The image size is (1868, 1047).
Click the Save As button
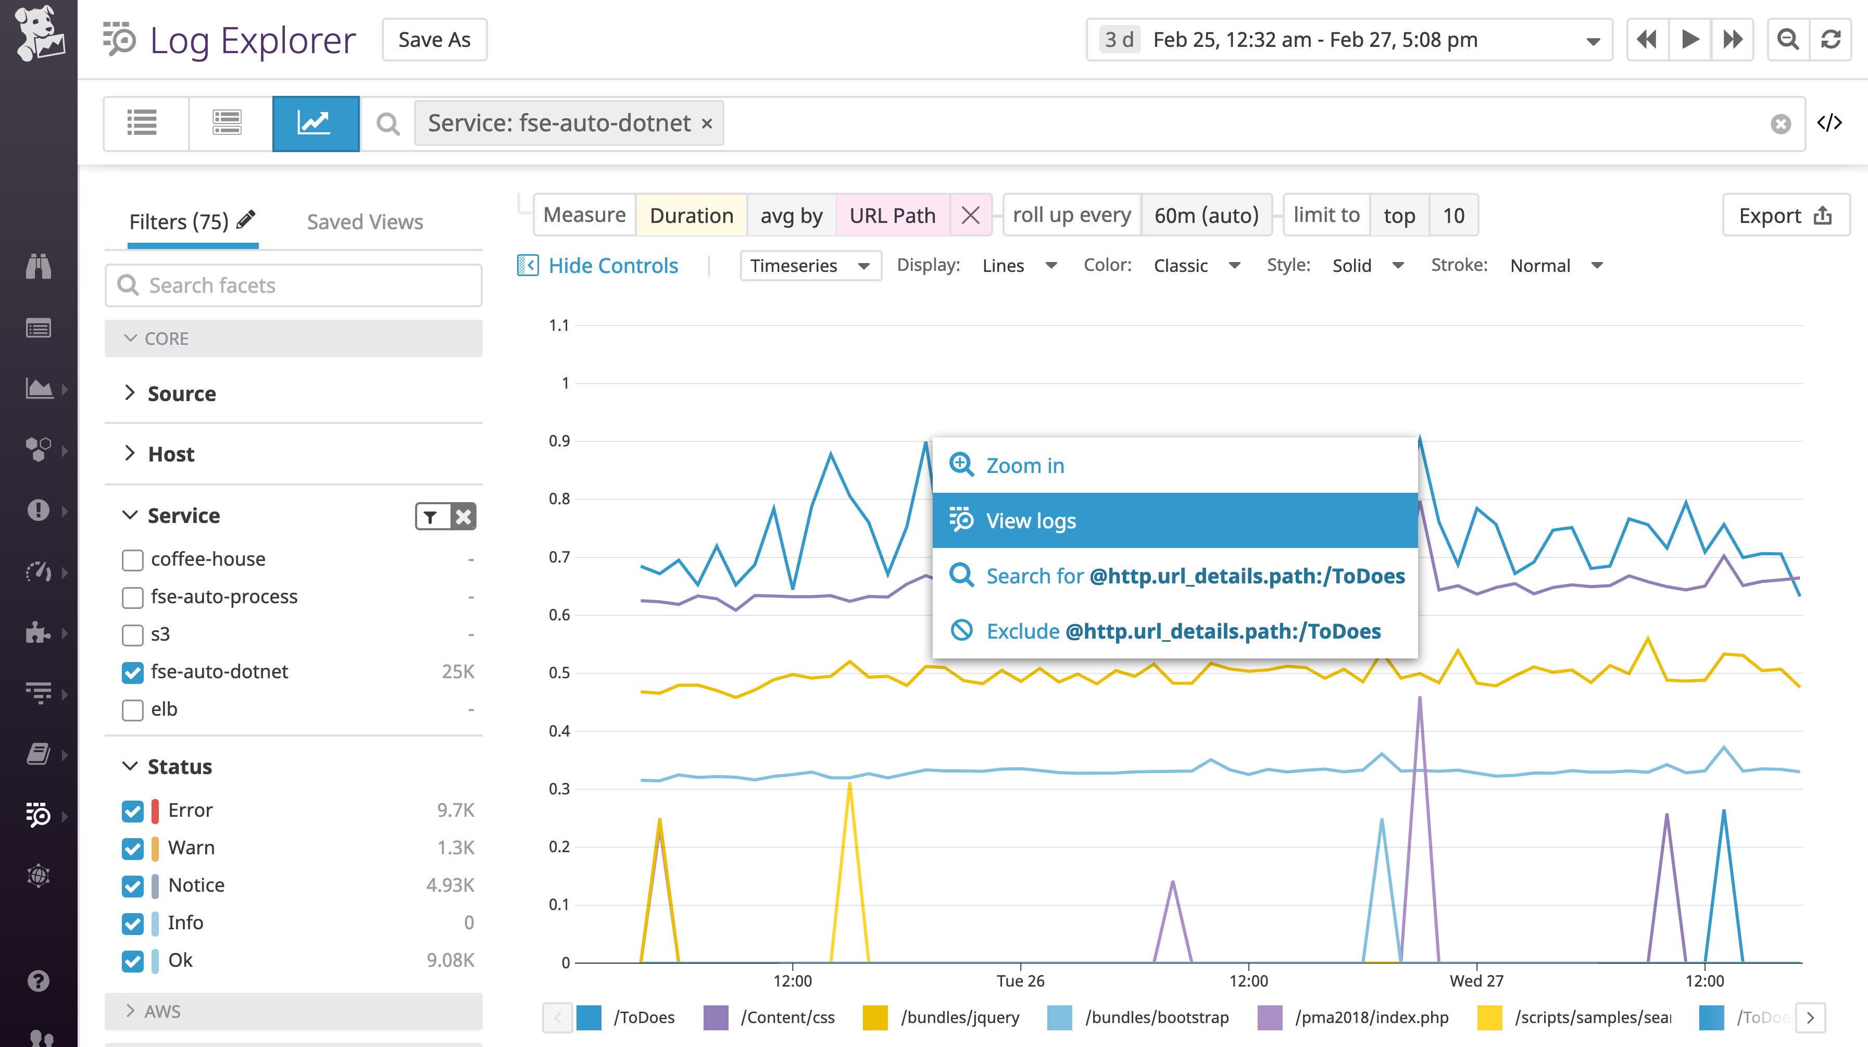[x=434, y=40]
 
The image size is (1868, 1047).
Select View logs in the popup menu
[x=1175, y=520]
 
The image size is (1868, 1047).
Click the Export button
[x=1785, y=216]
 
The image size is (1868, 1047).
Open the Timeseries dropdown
[x=810, y=266]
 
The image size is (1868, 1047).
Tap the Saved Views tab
[x=365, y=222]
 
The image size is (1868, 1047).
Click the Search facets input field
[x=294, y=285]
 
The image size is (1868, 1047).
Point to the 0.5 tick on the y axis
[x=559, y=672]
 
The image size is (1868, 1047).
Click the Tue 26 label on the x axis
[x=1020, y=981]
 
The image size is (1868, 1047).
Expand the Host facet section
[x=171, y=454]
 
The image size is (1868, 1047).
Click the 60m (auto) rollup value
[x=1206, y=216]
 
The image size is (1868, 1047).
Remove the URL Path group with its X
[x=970, y=216]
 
